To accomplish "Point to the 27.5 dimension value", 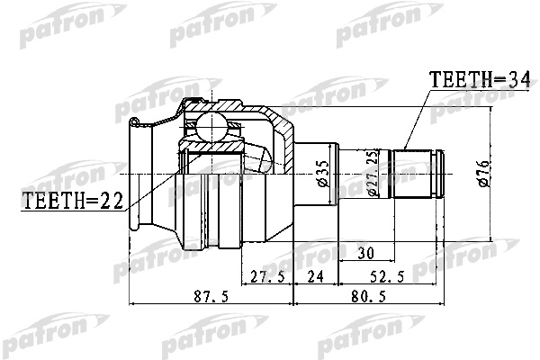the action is point(267,277).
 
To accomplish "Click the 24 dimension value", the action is point(315,277).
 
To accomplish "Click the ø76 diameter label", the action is point(485,170).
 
